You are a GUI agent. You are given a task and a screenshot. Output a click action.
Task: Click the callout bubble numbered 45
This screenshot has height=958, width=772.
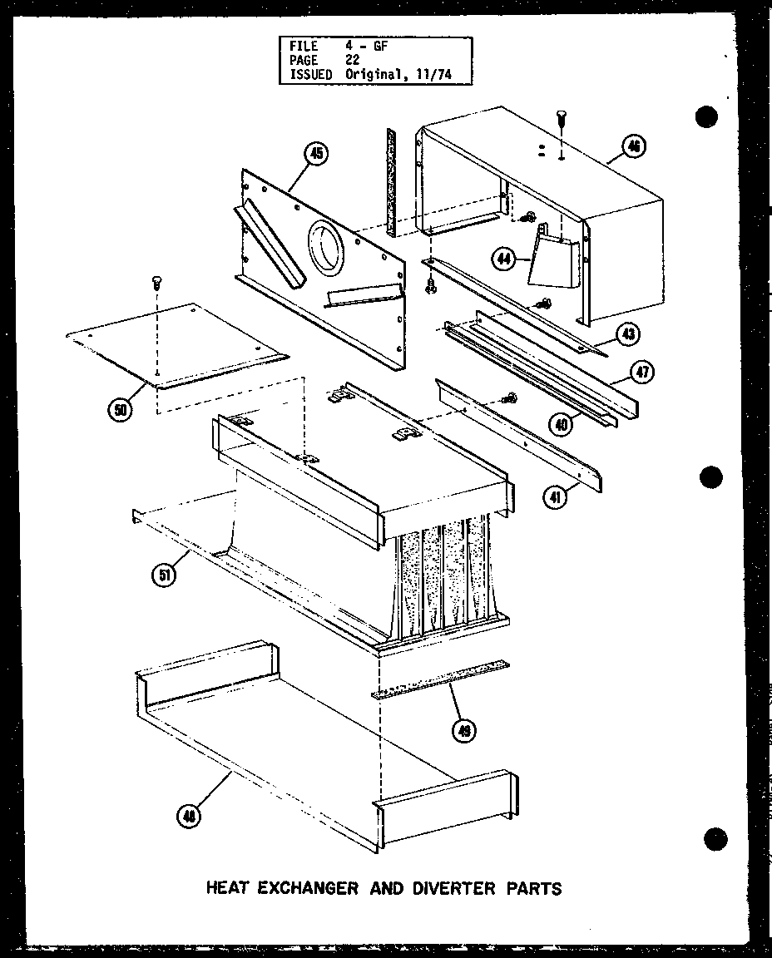point(316,153)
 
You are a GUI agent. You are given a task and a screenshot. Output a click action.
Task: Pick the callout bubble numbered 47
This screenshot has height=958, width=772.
point(641,372)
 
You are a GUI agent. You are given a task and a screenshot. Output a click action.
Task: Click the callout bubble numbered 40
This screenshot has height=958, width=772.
point(563,424)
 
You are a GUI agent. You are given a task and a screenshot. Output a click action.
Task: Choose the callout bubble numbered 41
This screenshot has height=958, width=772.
point(552,499)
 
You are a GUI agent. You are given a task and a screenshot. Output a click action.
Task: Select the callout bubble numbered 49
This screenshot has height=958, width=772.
point(463,730)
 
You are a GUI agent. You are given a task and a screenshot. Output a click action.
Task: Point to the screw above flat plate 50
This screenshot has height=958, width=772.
point(156,284)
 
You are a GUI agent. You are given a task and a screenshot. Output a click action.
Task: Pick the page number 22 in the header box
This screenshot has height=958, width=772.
point(353,61)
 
